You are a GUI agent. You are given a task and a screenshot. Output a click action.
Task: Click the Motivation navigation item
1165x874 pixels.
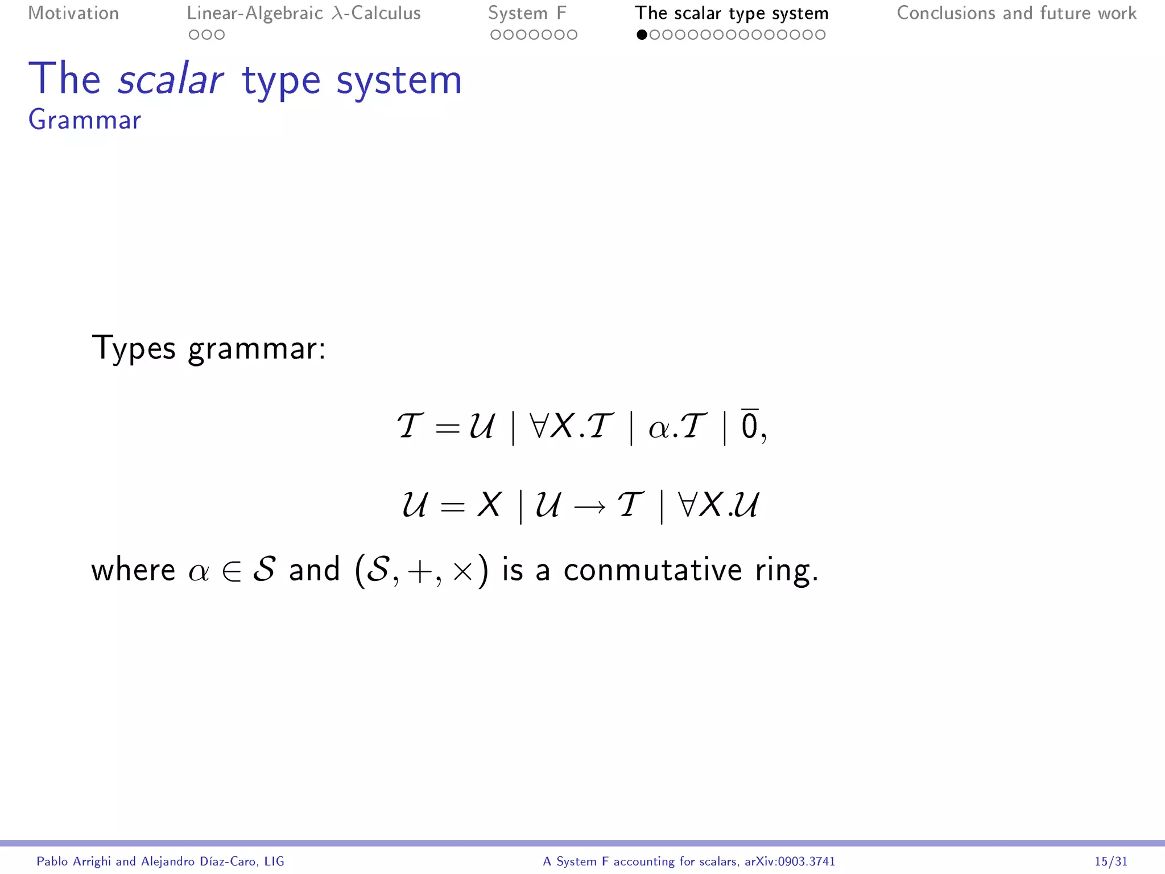click(x=73, y=13)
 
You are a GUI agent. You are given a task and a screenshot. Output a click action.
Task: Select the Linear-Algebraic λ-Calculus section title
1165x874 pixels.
click(x=304, y=13)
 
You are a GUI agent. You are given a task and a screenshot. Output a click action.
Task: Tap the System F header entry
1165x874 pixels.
click(x=527, y=13)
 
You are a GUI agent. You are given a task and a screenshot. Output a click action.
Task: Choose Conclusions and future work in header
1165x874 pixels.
click(x=1017, y=13)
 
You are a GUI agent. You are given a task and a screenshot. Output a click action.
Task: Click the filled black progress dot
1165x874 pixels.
click(x=642, y=35)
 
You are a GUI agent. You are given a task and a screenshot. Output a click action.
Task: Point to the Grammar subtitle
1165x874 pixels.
click(x=85, y=119)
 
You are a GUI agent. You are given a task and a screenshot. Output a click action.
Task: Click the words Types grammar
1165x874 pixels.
click(x=208, y=348)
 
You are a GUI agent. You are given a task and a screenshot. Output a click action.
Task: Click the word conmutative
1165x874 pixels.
click(x=652, y=570)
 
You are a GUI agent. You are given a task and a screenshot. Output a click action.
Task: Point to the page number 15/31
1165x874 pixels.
click(x=1110, y=861)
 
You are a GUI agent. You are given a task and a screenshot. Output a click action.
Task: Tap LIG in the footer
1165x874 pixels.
click(x=274, y=861)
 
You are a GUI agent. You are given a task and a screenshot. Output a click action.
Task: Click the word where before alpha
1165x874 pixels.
click(x=133, y=570)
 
